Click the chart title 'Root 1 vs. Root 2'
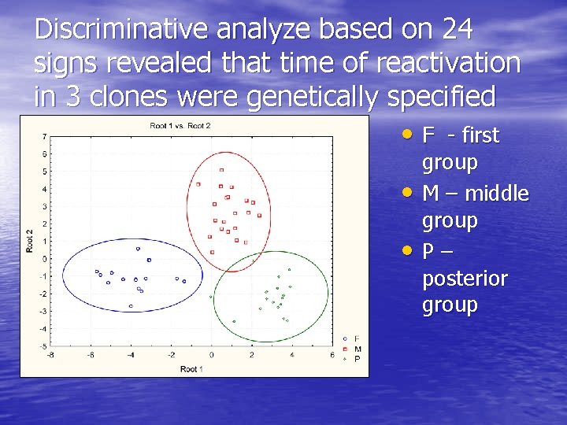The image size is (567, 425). (x=180, y=126)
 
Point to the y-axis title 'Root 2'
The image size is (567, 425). (x=30, y=240)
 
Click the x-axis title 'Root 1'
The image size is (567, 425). (x=191, y=368)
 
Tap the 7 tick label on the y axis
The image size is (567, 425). (x=43, y=136)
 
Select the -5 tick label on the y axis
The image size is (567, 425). (x=43, y=346)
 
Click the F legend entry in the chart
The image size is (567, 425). (x=357, y=339)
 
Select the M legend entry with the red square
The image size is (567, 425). (x=358, y=349)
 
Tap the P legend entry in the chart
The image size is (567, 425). (x=357, y=358)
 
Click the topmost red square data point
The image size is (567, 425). (x=222, y=169)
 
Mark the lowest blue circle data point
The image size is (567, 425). (x=131, y=306)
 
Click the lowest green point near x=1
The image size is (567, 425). (x=234, y=321)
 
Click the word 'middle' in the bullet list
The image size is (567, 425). (x=497, y=194)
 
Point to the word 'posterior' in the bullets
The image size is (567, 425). (x=465, y=279)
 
